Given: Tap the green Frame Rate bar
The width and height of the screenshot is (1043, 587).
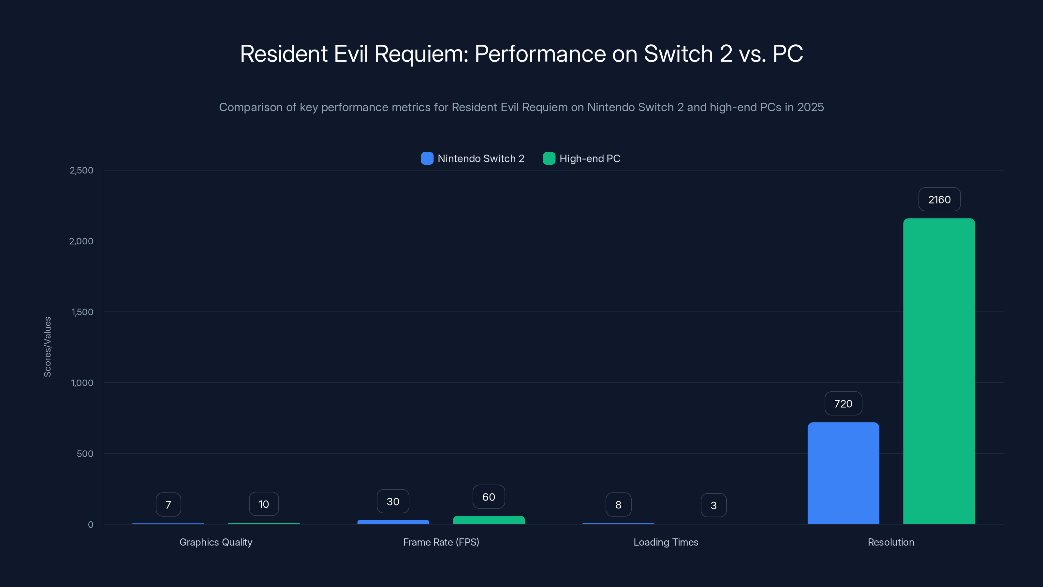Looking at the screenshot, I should (489, 520).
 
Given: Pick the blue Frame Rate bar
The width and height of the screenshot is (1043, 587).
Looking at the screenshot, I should (393, 522).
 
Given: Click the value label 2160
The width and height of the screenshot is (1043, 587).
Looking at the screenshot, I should (939, 199).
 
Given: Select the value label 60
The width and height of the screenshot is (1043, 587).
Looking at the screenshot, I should (489, 497).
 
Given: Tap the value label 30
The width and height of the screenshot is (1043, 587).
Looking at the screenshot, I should (393, 501).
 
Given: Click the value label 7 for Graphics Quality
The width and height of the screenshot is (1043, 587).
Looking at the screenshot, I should (168, 504).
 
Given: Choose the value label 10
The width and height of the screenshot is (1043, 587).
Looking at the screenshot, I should (264, 504).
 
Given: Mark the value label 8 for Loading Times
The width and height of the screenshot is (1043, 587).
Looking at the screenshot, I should (618, 504).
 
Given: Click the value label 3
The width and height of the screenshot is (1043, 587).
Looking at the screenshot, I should (713, 505).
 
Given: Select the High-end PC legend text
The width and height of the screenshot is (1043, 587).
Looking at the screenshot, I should (590, 158).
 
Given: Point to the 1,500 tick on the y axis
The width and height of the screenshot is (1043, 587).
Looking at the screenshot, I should (82, 312).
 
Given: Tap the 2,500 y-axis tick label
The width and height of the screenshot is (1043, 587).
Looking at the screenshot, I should (81, 170).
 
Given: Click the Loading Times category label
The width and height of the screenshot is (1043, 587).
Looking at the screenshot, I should (666, 542).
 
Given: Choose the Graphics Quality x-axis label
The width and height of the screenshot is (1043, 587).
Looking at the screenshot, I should (216, 542).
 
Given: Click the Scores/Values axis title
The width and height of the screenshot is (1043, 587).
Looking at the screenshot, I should (47, 347).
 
